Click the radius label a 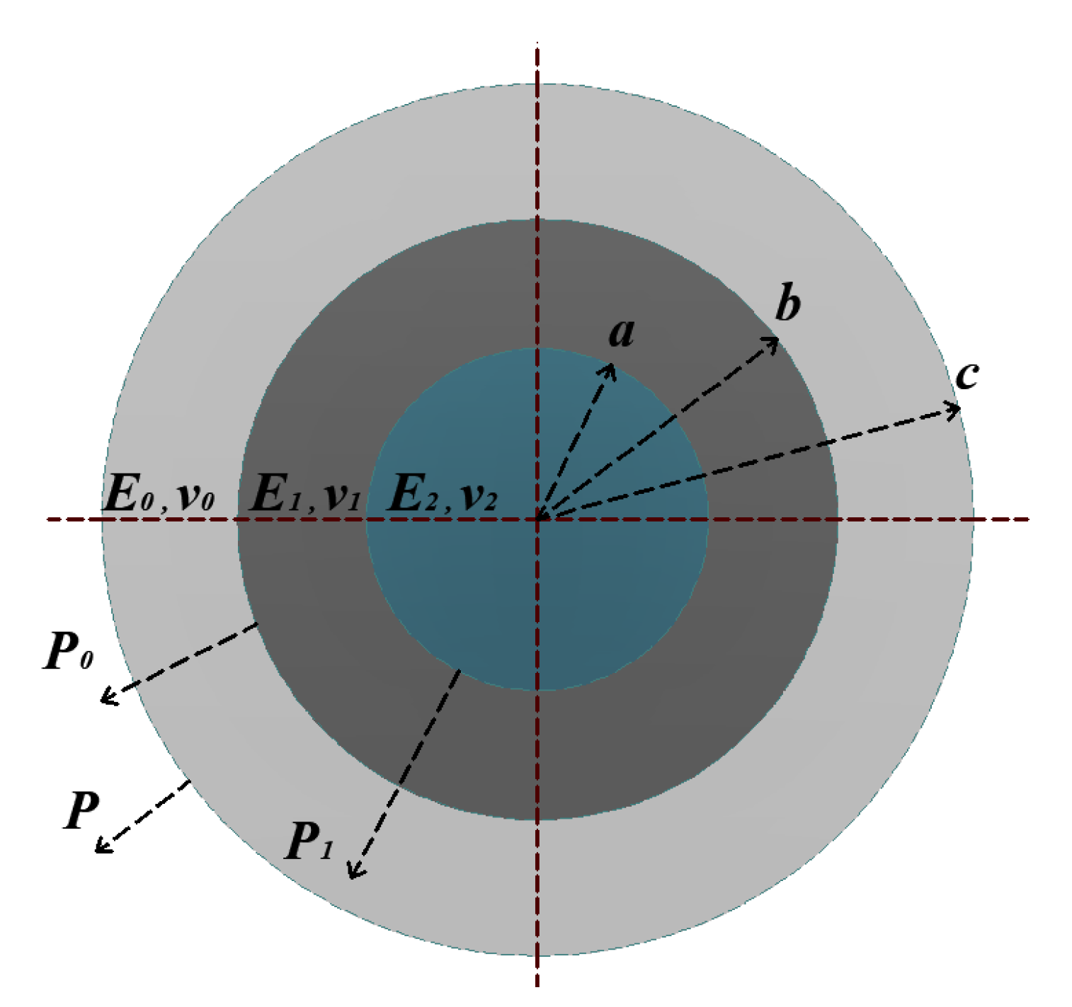click(x=621, y=333)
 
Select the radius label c click(x=966, y=375)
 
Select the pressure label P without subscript click(x=81, y=810)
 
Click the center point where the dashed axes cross click(x=538, y=519)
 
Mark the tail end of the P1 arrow click(x=460, y=671)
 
